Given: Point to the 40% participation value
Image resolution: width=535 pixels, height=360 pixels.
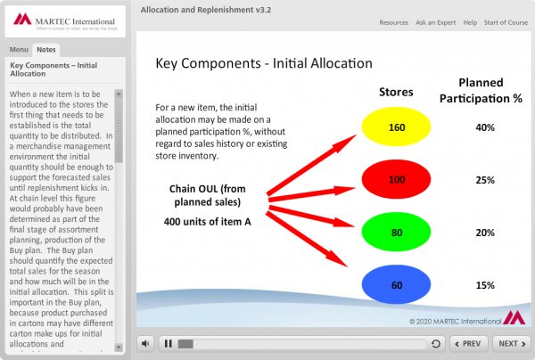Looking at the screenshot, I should pos(485,127).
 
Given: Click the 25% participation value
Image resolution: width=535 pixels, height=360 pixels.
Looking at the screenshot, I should pos(485,180).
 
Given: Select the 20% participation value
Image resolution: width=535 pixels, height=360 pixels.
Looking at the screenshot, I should pos(485,233).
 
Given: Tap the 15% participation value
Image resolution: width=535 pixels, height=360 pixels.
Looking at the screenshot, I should pos(485,285).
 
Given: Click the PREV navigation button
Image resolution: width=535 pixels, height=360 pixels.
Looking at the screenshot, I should pos(468,343).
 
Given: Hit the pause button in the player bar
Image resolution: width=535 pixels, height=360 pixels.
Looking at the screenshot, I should pos(168,343).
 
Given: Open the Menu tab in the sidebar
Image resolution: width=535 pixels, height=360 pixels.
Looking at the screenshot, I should pos(18,49).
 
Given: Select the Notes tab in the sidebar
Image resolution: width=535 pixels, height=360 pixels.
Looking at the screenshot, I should pos(46,49).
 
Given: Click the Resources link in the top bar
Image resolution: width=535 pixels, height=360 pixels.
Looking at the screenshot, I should pos(393,22).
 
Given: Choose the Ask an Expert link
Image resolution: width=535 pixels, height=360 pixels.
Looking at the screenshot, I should pos(438,22).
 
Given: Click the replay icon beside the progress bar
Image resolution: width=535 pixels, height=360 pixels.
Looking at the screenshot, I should pos(434,343).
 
